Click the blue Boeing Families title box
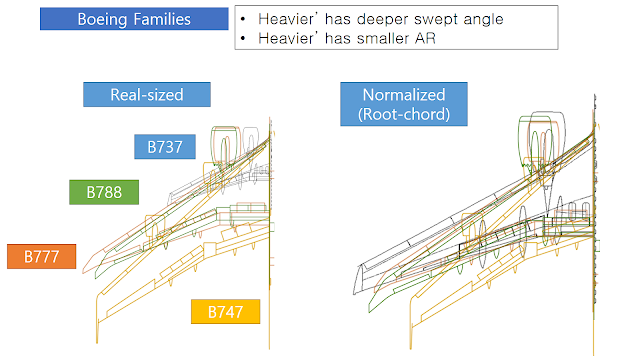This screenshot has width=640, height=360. tap(134, 19)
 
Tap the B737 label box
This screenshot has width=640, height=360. tap(165, 147)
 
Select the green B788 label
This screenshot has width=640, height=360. tap(104, 192)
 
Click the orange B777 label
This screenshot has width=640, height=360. tap(42, 256)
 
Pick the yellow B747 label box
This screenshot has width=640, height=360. tap(225, 311)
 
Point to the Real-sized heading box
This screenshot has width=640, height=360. tap(147, 95)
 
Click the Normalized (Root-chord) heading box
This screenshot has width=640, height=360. tap(404, 104)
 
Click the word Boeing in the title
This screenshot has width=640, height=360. tap(102, 20)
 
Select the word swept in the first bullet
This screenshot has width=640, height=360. tap(436, 19)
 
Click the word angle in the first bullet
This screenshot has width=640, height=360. tap(483, 20)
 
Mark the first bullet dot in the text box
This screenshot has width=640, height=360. tap(243, 19)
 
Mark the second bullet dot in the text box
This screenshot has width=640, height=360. tap(243, 38)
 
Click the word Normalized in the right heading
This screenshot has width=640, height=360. tap(404, 95)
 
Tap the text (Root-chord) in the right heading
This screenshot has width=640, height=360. tap(404, 114)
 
